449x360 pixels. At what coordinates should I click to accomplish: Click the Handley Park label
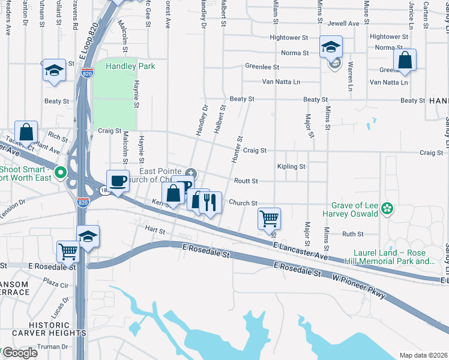(x=130, y=66)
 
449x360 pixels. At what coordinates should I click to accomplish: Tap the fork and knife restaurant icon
(x=209, y=202)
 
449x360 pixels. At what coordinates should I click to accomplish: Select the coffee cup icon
(x=118, y=181)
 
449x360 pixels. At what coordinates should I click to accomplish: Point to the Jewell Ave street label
(x=344, y=23)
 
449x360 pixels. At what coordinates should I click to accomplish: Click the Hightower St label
(x=389, y=37)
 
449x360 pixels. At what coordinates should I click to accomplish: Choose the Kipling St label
(x=291, y=166)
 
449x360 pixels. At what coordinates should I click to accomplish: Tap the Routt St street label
(x=246, y=181)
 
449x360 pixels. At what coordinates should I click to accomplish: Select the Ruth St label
(x=353, y=234)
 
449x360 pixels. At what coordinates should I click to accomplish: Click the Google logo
(x=20, y=353)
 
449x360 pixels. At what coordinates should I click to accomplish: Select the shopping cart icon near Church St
(x=269, y=218)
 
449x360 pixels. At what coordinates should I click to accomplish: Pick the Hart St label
(x=154, y=230)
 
